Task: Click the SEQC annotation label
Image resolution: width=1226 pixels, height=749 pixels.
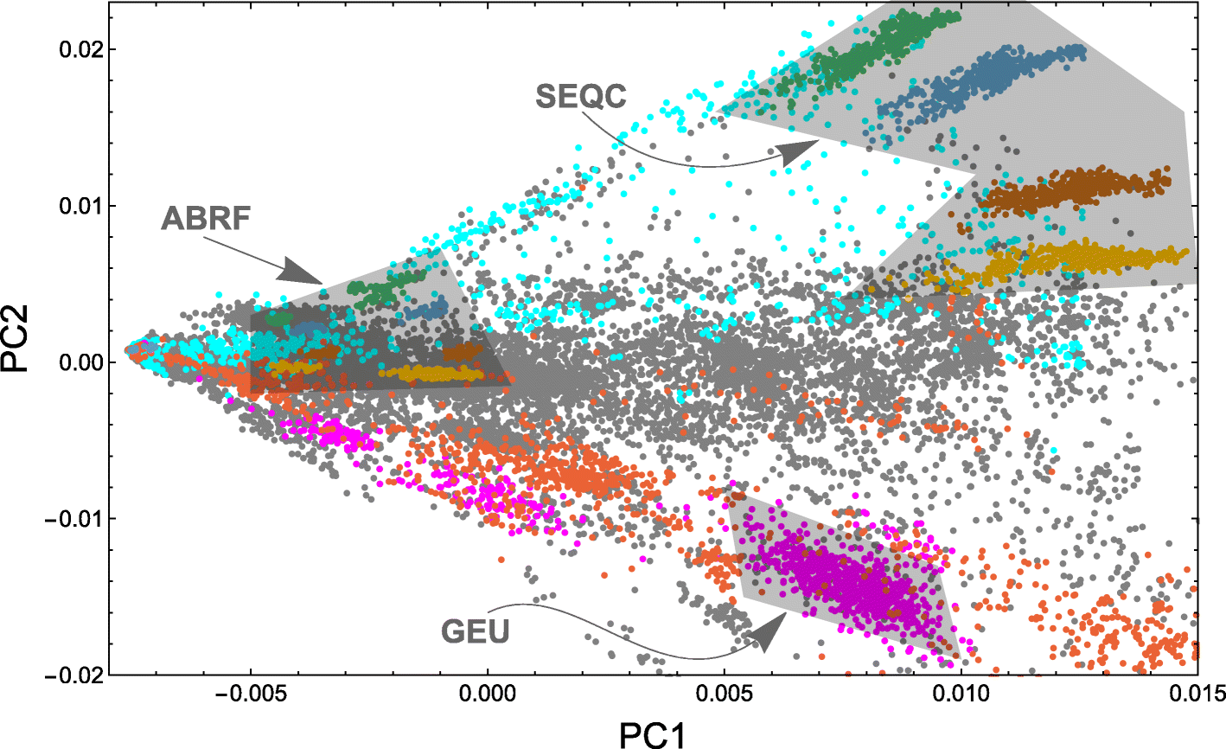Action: click(x=580, y=97)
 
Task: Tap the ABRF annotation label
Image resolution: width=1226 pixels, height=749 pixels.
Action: click(x=206, y=219)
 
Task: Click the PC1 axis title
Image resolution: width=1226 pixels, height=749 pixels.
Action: click(x=654, y=734)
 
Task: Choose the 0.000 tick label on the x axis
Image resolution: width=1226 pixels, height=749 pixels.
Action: click(x=488, y=694)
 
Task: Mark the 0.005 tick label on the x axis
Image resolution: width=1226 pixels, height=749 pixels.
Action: click(x=725, y=694)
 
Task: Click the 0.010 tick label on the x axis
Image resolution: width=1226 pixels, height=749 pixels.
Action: click(x=961, y=694)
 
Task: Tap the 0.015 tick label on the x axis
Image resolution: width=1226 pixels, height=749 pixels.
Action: click(x=1197, y=694)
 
